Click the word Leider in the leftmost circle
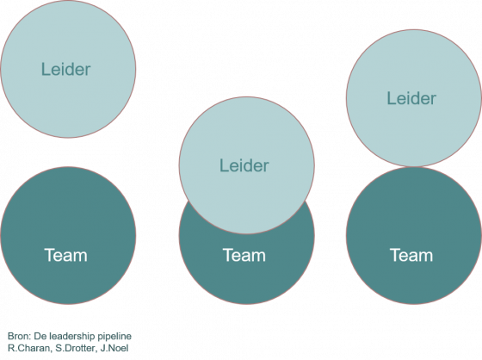(x=65, y=69)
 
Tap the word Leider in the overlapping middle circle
(x=244, y=165)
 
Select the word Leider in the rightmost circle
(x=411, y=98)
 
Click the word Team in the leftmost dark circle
(x=65, y=255)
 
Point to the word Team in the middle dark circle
(x=244, y=255)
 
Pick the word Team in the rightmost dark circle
(x=411, y=255)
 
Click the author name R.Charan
(x=30, y=348)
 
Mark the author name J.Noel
(x=114, y=348)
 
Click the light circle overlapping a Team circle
(x=246, y=165)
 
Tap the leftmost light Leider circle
(x=68, y=69)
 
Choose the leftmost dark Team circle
(x=68, y=236)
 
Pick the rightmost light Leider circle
(x=414, y=98)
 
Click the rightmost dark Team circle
(x=414, y=236)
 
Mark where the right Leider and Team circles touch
(x=414, y=167)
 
